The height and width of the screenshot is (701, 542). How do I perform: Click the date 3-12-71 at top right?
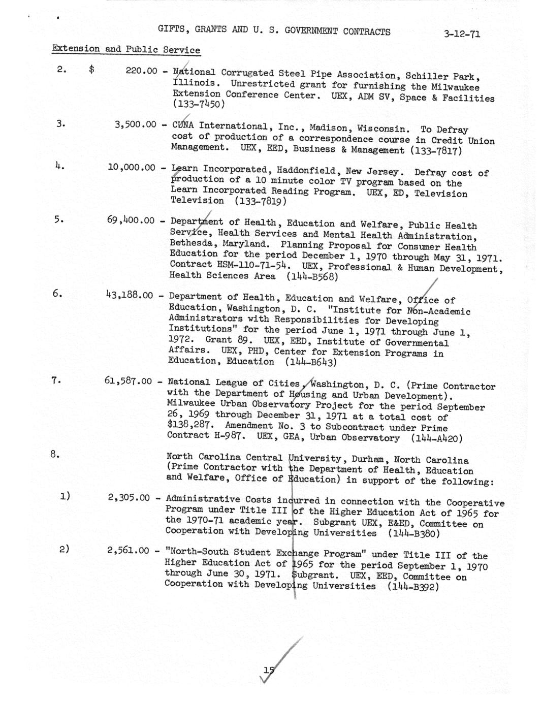pyautogui.click(x=461, y=35)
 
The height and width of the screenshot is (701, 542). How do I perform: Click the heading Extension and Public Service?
pyautogui.click(x=126, y=50)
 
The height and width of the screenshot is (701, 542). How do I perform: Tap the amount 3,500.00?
pyautogui.click(x=136, y=124)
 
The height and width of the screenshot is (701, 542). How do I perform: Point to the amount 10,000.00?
pyautogui.click(x=132, y=167)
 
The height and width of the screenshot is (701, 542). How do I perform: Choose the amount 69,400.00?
pyautogui.click(x=131, y=220)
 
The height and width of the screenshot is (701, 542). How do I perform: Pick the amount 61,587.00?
pyautogui.click(x=129, y=380)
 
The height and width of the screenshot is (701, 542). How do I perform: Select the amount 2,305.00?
pyautogui.click(x=129, y=498)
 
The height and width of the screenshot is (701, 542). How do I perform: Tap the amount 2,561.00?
pyautogui.click(x=128, y=551)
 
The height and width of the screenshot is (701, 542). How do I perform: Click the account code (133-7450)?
pyautogui.click(x=199, y=104)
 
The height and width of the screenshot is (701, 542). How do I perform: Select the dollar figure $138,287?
pyautogui.click(x=193, y=426)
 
